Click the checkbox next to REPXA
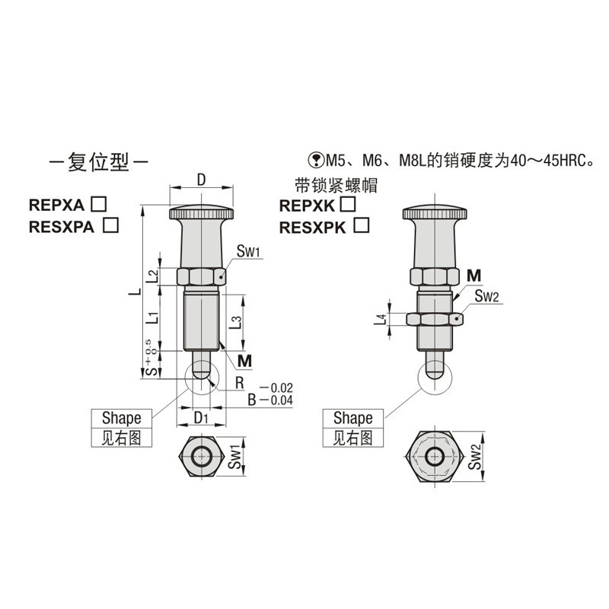point(97,203)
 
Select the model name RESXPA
point(62,225)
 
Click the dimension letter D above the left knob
point(201,180)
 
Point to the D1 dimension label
point(201,419)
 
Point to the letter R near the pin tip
point(239,381)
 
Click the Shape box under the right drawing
point(352,418)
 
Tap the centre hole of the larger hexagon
point(434,458)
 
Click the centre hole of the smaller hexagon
point(201,458)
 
